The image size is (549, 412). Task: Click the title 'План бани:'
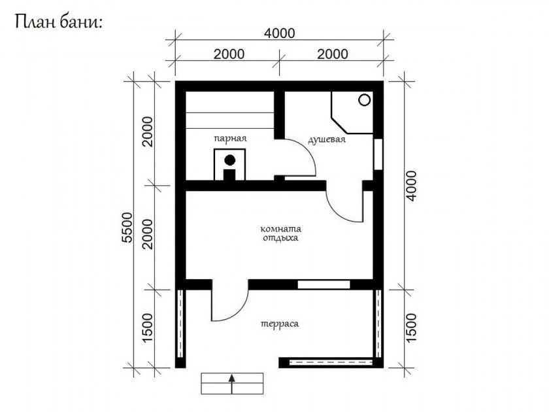(x=59, y=22)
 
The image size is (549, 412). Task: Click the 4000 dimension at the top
(x=280, y=33)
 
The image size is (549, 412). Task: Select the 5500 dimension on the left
(x=128, y=227)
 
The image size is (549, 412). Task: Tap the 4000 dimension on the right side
(x=412, y=186)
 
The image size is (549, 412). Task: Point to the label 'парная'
(x=230, y=139)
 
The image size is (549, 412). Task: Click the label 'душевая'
(x=327, y=139)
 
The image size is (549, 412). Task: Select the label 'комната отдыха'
(x=280, y=233)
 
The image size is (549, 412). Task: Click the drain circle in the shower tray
(x=365, y=100)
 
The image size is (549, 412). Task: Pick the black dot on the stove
(x=229, y=160)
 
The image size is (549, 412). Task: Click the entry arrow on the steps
(x=231, y=384)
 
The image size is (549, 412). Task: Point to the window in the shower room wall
(x=378, y=154)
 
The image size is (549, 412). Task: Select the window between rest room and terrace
(x=324, y=284)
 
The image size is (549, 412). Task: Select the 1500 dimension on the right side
(x=412, y=328)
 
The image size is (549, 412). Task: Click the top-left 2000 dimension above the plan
(x=229, y=54)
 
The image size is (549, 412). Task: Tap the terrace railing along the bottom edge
(x=331, y=362)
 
